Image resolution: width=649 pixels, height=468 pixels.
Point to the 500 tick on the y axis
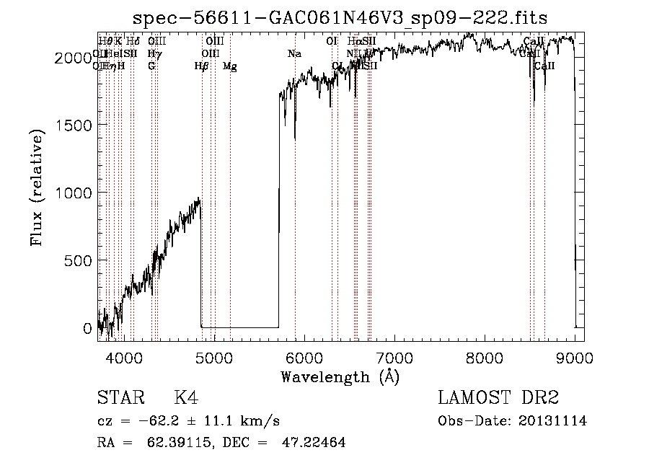(79, 260)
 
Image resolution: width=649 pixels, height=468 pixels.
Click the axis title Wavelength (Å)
(340, 376)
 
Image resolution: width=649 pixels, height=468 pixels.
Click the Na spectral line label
(294, 53)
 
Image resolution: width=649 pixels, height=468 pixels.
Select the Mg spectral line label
(229, 66)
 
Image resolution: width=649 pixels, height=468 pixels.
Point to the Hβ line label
(201, 66)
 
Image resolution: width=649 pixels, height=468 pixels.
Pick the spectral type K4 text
(186, 398)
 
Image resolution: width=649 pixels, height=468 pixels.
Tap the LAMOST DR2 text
(498, 398)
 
